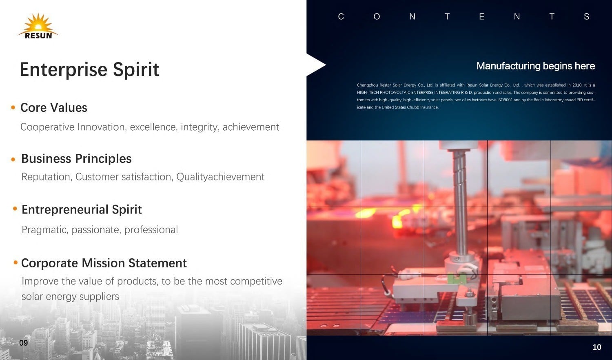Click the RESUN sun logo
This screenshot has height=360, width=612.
pos(38,26)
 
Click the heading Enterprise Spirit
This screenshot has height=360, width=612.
pos(89,70)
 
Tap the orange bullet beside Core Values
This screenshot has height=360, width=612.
pos(13,107)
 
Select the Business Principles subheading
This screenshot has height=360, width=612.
pos(76,158)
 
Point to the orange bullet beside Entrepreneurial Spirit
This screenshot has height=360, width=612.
pos(15,209)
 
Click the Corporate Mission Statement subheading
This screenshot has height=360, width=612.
pos(104,263)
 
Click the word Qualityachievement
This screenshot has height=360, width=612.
pos(220,177)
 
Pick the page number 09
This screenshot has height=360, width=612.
pos(24,343)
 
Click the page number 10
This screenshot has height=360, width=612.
pos(596,347)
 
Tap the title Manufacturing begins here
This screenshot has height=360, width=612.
pos(535,66)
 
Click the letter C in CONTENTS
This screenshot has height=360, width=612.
pos(341,17)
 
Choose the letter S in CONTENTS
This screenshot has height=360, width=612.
pos(586,17)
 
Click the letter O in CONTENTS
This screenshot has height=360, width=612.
pos(377,17)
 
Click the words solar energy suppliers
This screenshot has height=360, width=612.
pos(70,297)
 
